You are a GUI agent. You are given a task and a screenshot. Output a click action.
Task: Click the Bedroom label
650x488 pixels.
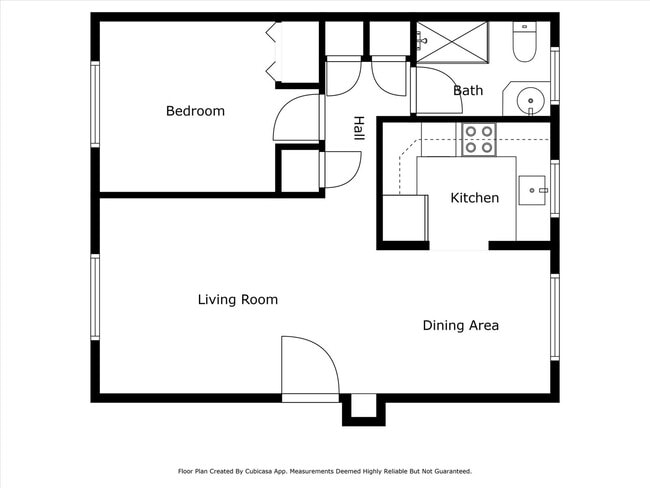pos(195,111)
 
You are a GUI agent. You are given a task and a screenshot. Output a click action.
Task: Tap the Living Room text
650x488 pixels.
pos(237,300)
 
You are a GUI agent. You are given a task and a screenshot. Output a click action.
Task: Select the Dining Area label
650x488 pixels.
pos(460,325)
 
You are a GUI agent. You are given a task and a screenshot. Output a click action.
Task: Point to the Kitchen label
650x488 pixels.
pos(474,198)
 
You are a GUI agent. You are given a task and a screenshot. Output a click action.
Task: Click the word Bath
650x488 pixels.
pos(468,91)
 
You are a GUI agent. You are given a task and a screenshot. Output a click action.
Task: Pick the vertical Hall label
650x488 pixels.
pos(358,131)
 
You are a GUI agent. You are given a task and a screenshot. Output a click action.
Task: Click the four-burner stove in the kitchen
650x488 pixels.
pos(478,139)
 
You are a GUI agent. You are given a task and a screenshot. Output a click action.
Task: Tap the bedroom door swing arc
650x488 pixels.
pos(293,120)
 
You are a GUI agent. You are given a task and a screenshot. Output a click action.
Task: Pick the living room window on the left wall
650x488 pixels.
pos(96,297)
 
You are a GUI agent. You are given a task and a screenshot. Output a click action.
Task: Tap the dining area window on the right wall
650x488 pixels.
pos(554,317)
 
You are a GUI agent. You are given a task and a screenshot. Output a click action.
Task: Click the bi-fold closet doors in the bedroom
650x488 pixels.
pos(271,53)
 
